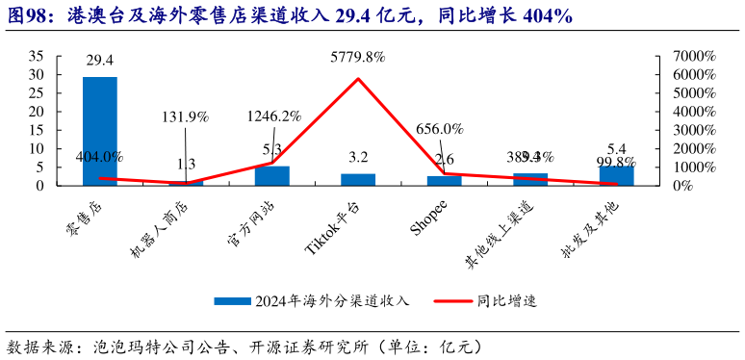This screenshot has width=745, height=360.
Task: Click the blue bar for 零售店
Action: coord(100,130)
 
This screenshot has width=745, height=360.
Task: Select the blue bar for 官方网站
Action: coord(272,175)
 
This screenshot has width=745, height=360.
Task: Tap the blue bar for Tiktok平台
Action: coord(358,179)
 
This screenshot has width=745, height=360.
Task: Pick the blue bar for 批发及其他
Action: coord(616,175)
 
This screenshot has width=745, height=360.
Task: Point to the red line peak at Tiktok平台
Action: coord(358,79)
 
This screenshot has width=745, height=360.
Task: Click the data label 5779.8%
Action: coord(358,58)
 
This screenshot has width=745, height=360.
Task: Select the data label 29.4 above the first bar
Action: coord(100,60)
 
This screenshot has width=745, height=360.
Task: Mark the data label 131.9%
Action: coord(186,117)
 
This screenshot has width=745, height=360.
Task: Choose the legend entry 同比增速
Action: coord(506,300)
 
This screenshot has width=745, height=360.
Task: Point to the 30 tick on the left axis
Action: coord(37,74)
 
